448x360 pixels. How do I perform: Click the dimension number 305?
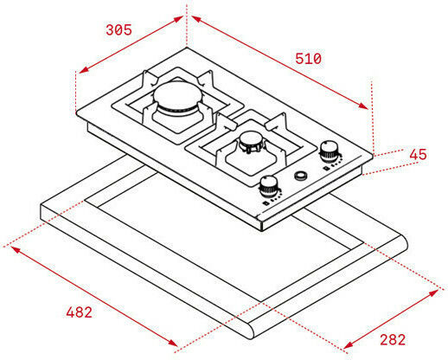coord(118,30)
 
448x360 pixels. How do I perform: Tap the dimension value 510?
coord(308,59)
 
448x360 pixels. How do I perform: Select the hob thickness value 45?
coord(418,154)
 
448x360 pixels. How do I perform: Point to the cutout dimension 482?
coord(80,312)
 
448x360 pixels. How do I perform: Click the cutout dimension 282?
coord(393,339)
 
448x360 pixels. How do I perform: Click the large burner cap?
coord(176,96)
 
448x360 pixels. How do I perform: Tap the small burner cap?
coord(252,139)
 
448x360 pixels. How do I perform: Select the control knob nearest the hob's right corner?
coord(329,151)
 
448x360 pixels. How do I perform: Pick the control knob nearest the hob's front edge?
coord(269,186)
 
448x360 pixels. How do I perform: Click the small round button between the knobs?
coord(301,176)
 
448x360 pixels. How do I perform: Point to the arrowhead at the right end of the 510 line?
coord(363,106)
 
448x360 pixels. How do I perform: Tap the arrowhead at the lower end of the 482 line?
coord(172,342)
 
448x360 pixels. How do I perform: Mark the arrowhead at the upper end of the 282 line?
coord(433,293)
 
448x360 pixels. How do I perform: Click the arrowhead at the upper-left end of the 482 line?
coord(16,250)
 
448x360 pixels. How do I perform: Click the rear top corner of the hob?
coord(187,48)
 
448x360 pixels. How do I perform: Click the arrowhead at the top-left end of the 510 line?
coord(196,19)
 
